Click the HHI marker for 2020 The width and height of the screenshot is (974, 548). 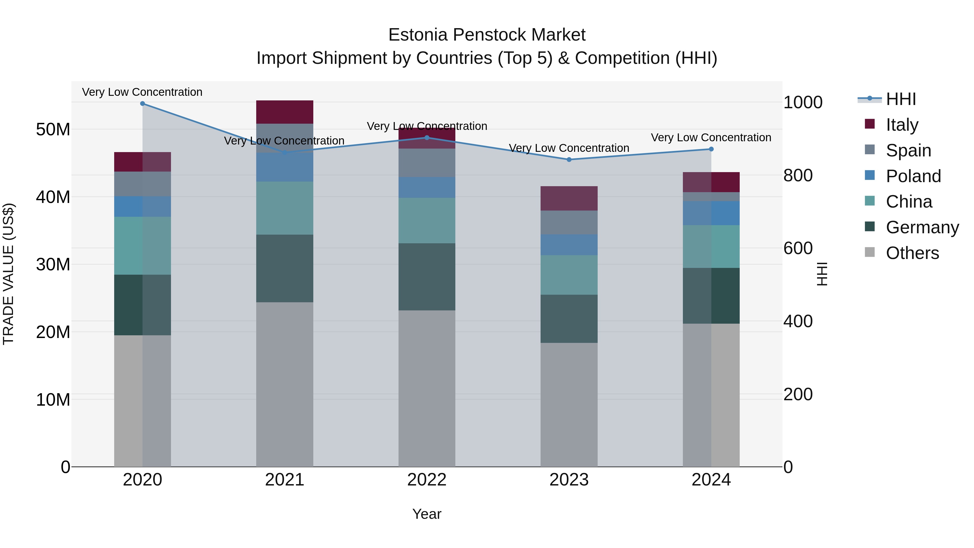coord(143,104)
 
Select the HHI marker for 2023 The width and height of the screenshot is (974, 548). coord(569,160)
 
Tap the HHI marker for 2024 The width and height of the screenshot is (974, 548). coord(711,149)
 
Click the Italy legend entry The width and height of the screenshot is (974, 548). coord(902,125)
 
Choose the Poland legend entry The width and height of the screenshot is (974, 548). coord(913,176)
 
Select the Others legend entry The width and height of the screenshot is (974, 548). coord(912,253)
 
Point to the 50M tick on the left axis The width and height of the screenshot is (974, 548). coord(53,130)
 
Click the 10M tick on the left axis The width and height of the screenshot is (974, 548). coord(53,400)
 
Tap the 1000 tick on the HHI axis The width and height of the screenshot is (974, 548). coord(803,103)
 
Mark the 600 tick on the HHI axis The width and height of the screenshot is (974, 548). coord(798,248)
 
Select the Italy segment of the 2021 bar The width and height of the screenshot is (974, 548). coord(285,112)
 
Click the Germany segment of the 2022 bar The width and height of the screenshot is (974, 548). coord(427,277)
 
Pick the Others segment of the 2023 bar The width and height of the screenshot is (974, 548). coord(569,405)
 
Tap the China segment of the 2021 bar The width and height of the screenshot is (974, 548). coord(285,208)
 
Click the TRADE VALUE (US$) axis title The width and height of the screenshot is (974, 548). coord(8,274)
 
